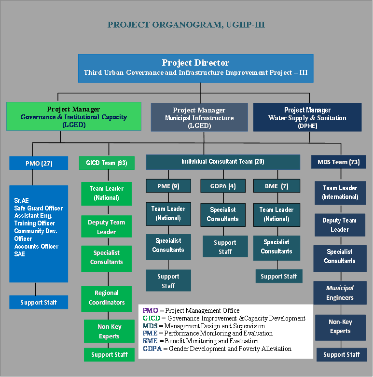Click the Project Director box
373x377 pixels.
point(195,68)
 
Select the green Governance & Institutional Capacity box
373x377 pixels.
point(74,116)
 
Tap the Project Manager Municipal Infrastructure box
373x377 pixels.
point(199,117)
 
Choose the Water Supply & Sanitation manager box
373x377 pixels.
point(307,117)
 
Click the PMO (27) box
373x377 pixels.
point(39,163)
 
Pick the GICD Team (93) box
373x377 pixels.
point(107,163)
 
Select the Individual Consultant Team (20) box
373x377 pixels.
point(223,162)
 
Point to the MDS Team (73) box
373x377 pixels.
point(339,162)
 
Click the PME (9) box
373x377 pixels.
point(168,186)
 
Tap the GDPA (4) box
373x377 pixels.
point(223,186)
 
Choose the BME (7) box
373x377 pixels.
point(276,186)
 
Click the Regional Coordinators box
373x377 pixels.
point(107,299)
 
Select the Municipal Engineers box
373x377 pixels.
point(340,293)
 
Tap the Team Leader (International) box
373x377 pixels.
point(340,193)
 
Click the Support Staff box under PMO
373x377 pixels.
point(39,302)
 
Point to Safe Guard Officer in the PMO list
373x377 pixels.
point(39,208)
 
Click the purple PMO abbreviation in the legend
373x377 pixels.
point(150,310)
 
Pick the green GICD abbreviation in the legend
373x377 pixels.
point(152,318)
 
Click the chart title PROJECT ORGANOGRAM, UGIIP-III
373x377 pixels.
point(186,25)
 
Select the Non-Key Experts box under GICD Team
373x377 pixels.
point(109,331)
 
